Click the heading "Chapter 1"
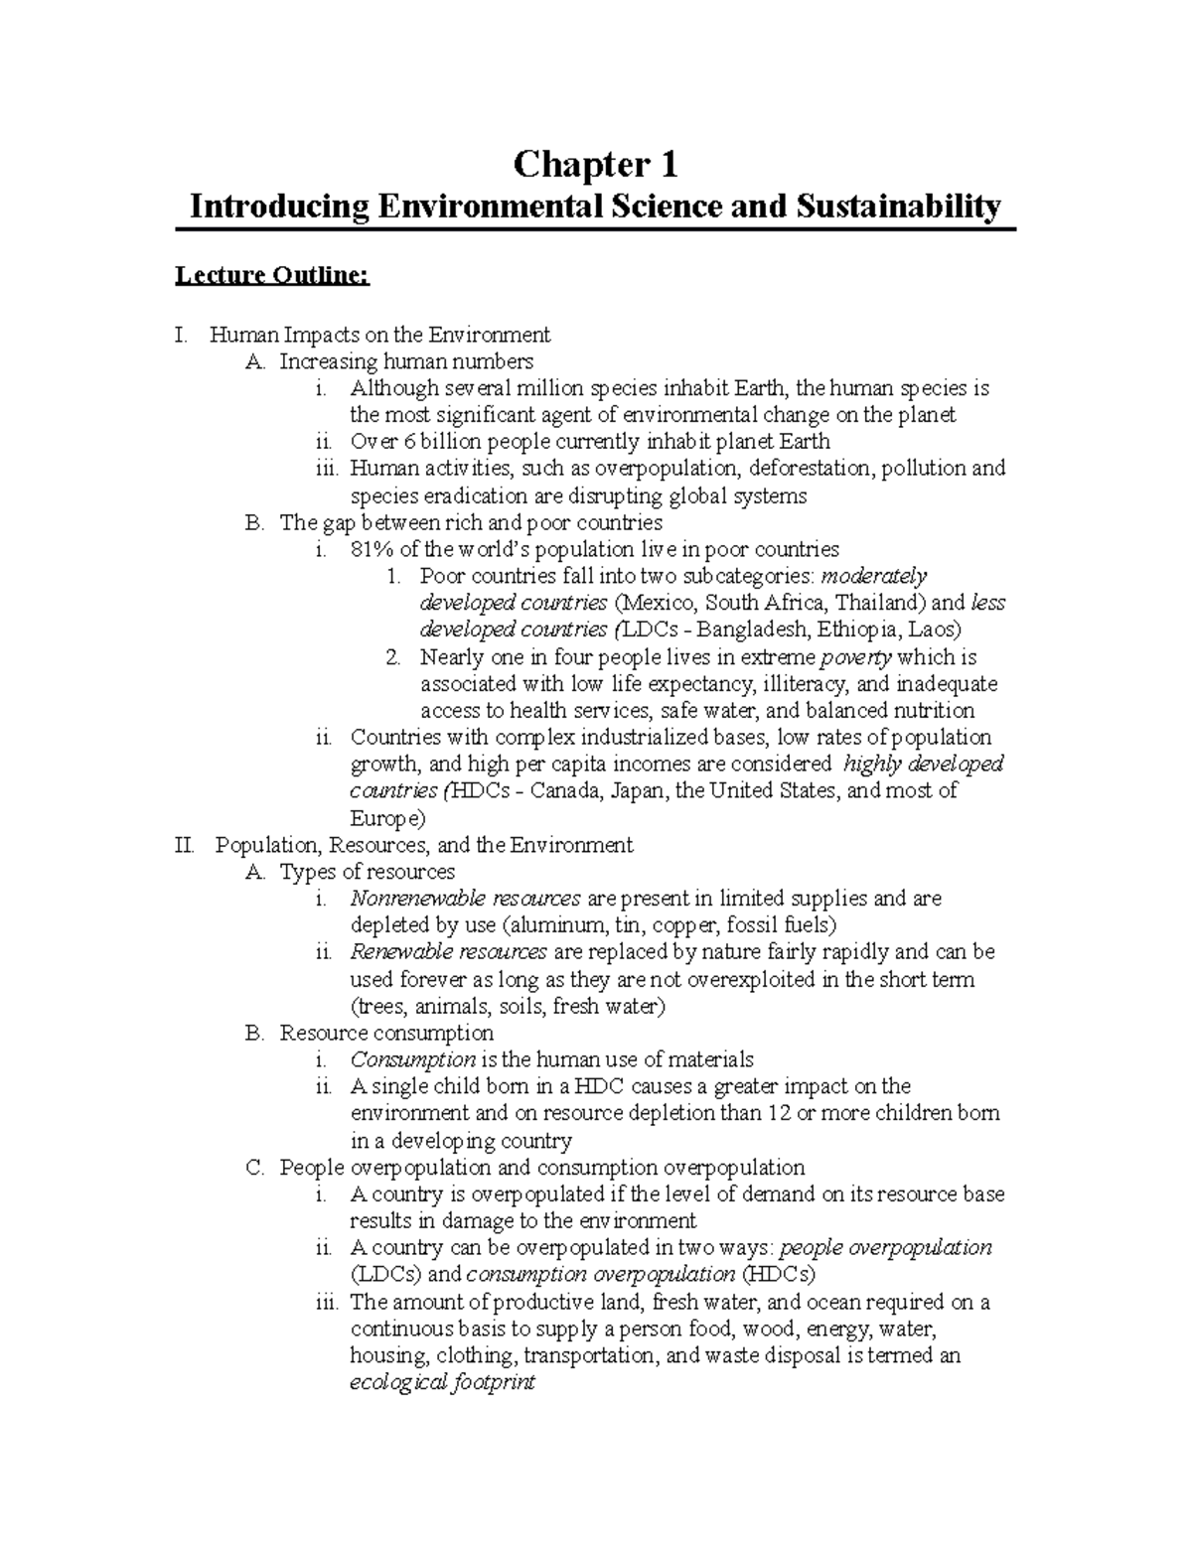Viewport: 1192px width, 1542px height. tap(595, 165)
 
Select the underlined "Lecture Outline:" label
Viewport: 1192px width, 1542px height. tap(272, 275)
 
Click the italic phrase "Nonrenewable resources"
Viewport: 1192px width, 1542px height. tap(465, 899)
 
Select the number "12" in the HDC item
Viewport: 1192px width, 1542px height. tap(780, 1113)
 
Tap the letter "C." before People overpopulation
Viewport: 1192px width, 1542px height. tap(254, 1167)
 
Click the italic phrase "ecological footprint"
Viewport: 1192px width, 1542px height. tap(442, 1382)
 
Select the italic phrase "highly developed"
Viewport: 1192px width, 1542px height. tap(923, 764)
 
